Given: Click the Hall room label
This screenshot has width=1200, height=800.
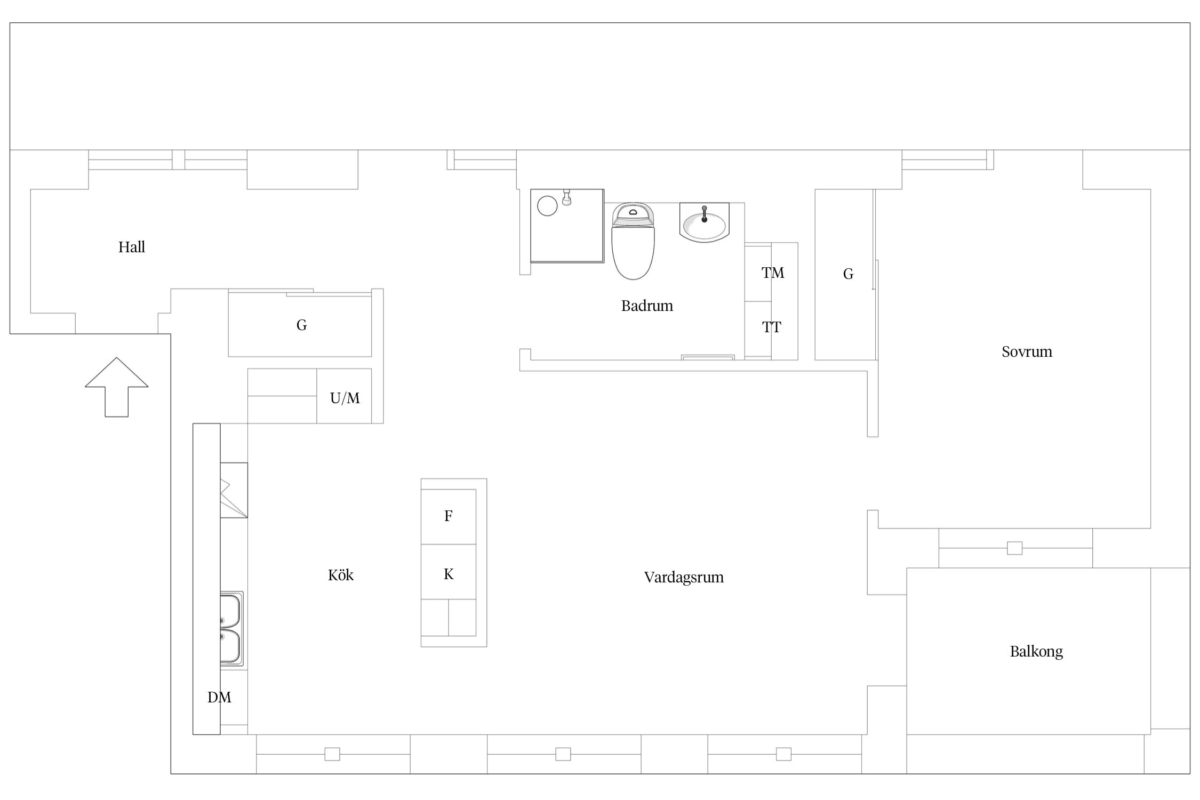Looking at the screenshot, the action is pyautogui.click(x=132, y=247).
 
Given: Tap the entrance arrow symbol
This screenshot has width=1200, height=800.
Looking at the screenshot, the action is pyautogui.click(x=116, y=387).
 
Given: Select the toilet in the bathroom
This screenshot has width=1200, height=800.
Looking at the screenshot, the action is pyautogui.click(x=633, y=241).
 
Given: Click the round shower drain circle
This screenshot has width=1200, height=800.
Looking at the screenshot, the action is pyautogui.click(x=547, y=206).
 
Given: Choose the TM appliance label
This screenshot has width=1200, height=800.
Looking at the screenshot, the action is pyautogui.click(x=773, y=273).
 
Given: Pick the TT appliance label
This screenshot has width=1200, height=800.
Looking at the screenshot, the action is pyautogui.click(x=771, y=327).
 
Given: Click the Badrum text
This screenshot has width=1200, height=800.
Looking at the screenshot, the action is pyautogui.click(x=647, y=306).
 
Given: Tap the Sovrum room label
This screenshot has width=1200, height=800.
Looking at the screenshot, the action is pyautogui.click(x=1027, y=351).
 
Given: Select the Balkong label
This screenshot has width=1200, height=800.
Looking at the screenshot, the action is pyautogui.click(x=1036, y=652).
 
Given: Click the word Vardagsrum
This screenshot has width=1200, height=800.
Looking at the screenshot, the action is pyautogui.click(x=684, y=577).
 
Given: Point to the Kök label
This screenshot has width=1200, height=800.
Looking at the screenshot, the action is pyautogui.click(x=341, y=575).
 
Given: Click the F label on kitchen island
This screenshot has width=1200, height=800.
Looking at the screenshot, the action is pyautogui.click(x=449, y=516).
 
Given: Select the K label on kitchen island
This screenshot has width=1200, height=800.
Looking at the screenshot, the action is pyautogui.click(x=449, y=574).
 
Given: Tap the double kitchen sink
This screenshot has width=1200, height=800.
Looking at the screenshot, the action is pyautogui.click(x=232, y=629).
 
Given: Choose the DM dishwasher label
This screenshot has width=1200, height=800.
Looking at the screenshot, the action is pyautogui.click(x=219, y=697).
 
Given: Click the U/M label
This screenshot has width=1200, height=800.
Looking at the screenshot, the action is pyautogui.click(x=345, y=398).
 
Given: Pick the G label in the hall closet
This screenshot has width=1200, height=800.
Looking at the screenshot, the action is pyautogui.click(x=301, y=325).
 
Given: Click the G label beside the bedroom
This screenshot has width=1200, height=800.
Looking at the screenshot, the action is pyautogui.click(x=848, y=274).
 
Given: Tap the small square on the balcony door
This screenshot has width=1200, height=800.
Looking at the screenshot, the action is pyautogui.click(x=1014, y=548).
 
